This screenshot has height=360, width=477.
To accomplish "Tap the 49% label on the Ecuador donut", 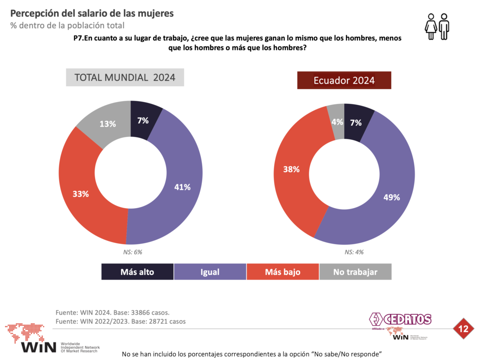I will [392, 197].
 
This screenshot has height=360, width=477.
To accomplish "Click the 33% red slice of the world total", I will [81, 194].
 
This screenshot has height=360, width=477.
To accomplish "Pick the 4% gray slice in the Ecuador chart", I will [337, 122].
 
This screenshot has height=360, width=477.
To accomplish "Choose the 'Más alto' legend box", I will [137, 272].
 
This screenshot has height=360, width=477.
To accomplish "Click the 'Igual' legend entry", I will [210, 272].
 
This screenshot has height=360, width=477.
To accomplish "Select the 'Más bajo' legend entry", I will [283, 272].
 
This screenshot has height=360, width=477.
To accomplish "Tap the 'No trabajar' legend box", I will [355, 272].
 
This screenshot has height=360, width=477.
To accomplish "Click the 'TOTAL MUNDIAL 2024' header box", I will [125, 78].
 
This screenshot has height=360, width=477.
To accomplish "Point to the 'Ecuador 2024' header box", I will [344, 80].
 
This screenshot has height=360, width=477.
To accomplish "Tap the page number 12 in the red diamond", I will [463, 329].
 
